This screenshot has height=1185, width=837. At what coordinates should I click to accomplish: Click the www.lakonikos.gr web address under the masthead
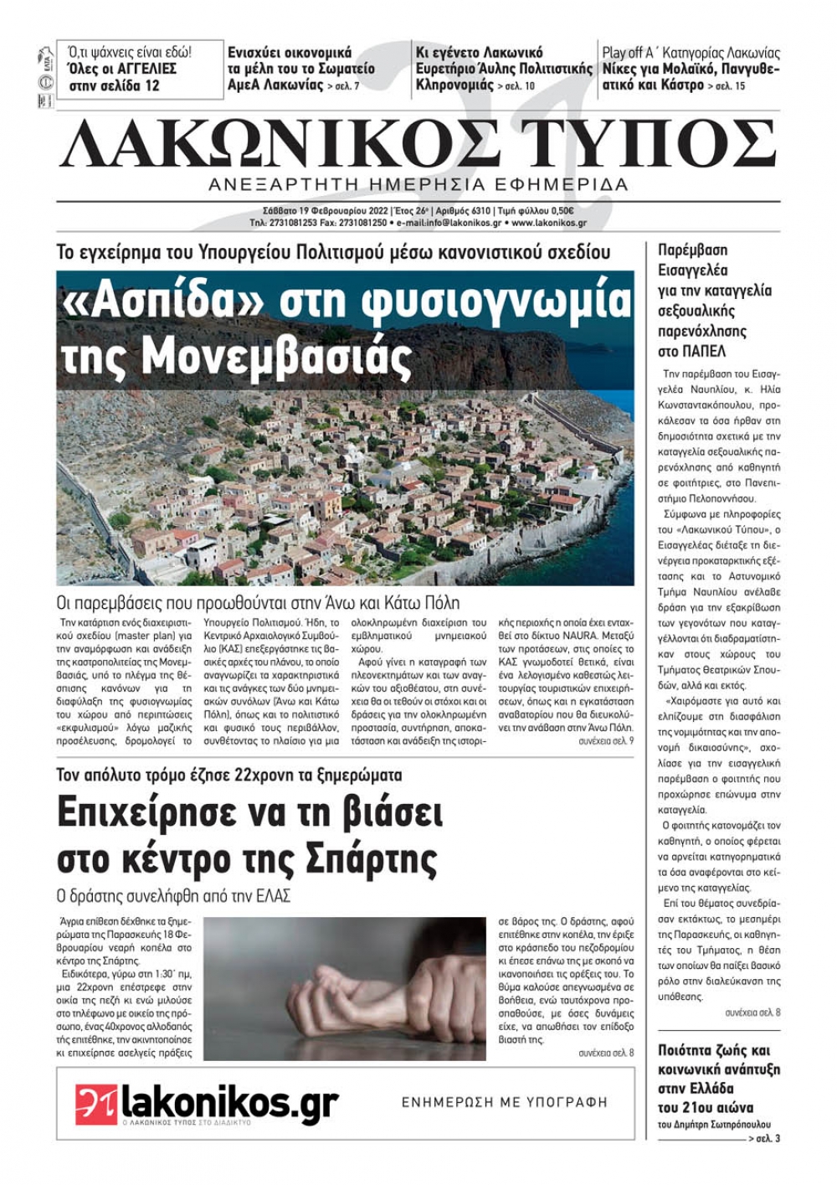(549, 224)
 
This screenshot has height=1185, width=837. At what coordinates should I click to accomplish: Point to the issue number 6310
(476, 211)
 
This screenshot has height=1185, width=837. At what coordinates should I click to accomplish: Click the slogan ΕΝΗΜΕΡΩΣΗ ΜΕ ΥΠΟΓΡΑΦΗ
(505, 1103)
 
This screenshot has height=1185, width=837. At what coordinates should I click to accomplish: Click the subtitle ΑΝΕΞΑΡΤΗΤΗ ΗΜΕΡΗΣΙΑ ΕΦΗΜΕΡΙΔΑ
(418, 184)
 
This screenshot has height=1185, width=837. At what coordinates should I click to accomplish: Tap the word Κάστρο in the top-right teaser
(681, 85)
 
